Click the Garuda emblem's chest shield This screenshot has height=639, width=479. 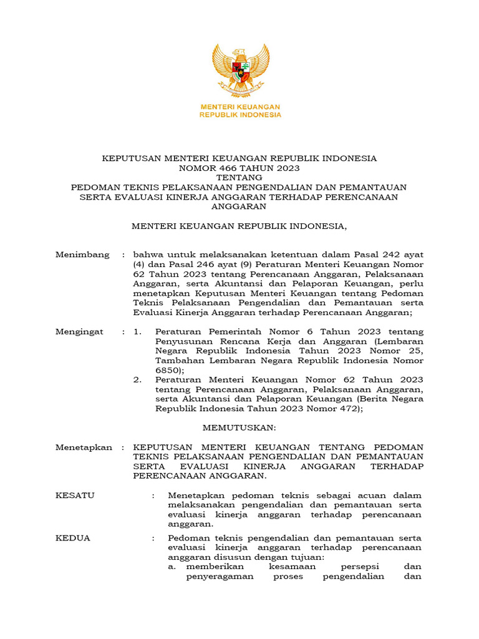(x=240, y=69)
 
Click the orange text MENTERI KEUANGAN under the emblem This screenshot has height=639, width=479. (x=240, y=107)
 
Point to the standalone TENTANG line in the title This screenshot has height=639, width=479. (x=239, y=177)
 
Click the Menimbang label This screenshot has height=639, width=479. (x=82, y=255)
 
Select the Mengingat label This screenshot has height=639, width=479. (x=80, y=332)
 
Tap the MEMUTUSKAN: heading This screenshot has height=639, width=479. (x=239, y=427)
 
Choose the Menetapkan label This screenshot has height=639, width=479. (x=84, y=447)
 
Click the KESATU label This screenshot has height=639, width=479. (x=75, y=495)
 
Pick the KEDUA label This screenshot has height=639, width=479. (x=72, y=538)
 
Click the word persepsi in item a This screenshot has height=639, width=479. (x=355, y=567)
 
